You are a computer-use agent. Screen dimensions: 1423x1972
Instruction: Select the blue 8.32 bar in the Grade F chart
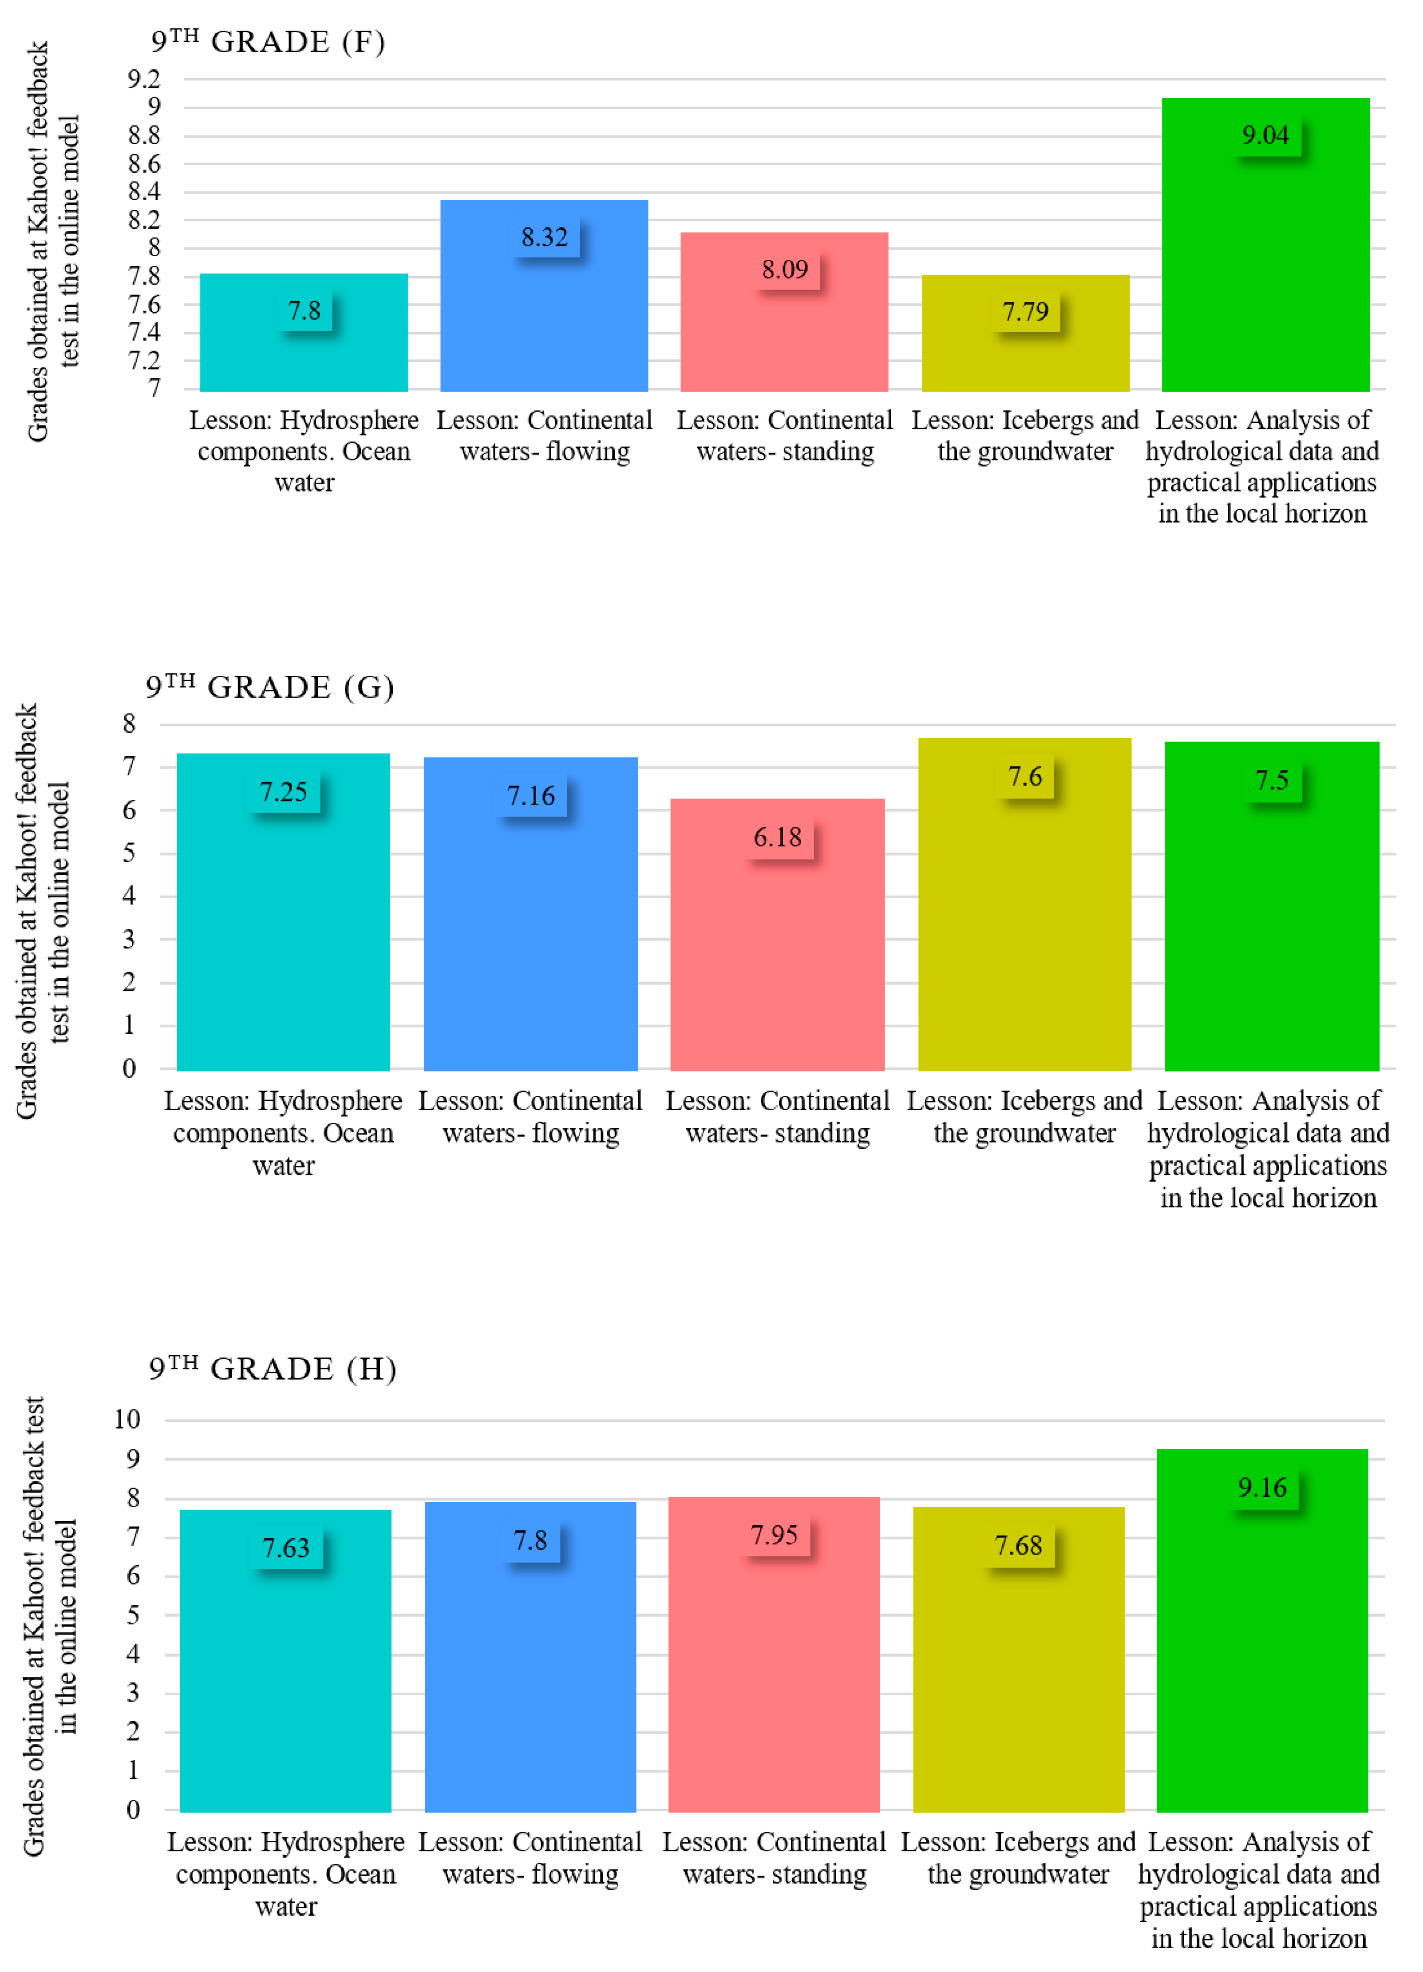pos(544,296)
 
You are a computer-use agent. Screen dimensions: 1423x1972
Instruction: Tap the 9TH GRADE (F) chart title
pos(268,41)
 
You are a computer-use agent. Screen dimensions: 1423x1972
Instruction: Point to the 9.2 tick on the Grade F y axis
pos(144,79)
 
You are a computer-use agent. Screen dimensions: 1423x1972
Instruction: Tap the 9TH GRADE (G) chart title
pos(269,687)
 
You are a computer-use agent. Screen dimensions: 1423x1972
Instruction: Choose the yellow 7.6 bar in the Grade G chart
pos(1025,904)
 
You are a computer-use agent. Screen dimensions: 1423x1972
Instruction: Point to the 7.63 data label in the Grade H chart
pos(286,1547)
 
